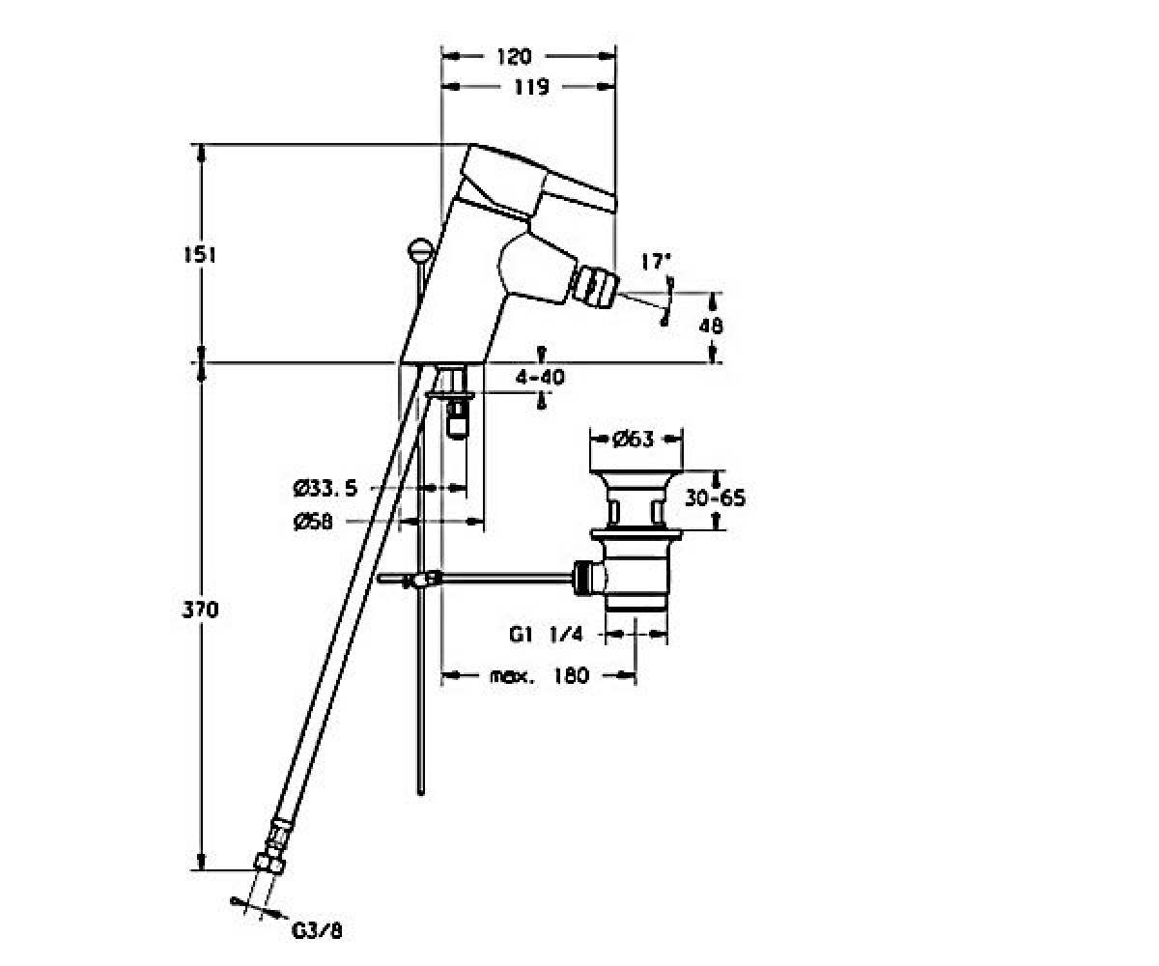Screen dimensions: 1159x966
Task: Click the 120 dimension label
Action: click(514, 57)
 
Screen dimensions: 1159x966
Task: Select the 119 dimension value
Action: click(531, 87)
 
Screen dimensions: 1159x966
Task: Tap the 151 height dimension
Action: click(200, 255)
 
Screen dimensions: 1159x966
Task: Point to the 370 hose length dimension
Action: click(200, 611)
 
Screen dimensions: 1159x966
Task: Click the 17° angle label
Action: click(656, 262)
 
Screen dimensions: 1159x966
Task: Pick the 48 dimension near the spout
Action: click(711, 326)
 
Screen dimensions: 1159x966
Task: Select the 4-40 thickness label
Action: click(540, 378)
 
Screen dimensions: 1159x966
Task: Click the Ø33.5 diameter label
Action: click(325, 489)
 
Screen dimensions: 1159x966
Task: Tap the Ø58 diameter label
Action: click(313, 522)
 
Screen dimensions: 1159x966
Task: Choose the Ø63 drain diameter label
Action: click(634, 440)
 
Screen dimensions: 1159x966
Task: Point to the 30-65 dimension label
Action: click(715, 498)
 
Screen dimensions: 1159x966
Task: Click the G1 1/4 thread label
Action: click(546, 634)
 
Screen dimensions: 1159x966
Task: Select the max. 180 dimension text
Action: click(539, 675)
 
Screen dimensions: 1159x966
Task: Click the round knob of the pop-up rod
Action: click(420, 248)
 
